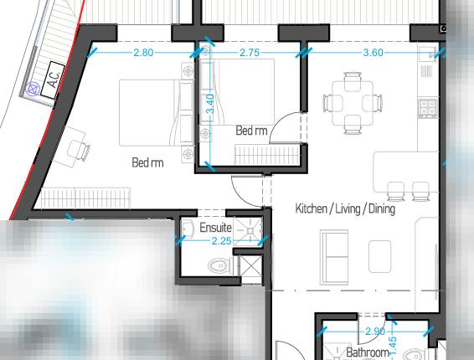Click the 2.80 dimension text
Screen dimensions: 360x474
coord(143,53)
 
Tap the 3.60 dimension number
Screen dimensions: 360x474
coord(373,53)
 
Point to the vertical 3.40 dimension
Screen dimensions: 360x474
coord(210,104)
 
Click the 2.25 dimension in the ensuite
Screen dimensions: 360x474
coord(221,241)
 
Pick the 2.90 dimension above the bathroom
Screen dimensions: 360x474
coord(376,332)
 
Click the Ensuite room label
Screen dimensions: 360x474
coord(215,228)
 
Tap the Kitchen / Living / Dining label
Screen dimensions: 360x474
coord(345,208)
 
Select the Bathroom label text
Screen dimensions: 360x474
coord(369,353)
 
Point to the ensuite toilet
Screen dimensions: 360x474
coord(217,266)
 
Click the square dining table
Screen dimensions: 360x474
coord(351,103)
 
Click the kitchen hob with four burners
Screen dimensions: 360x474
coord(428,108)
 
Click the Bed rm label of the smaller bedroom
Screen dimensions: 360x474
coord(251,131)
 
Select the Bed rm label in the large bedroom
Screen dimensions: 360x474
coord(147,162)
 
